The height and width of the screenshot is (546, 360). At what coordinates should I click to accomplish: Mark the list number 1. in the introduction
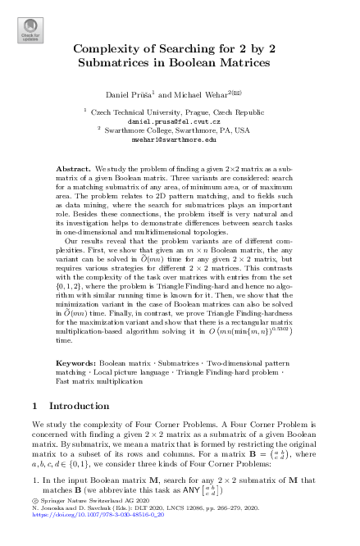pos(35,502)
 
